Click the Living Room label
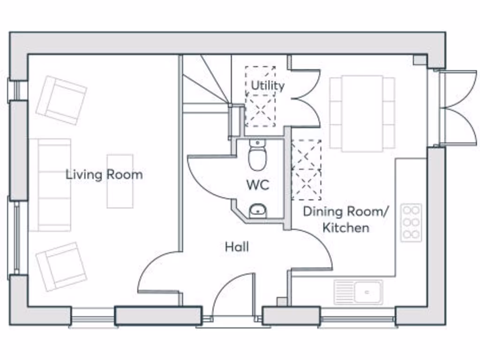[x=105, y=175]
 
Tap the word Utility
[x=268, y=85]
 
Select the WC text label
[x=258, y=185]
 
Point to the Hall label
[x=237, y=247]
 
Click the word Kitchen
[x=346, y=228]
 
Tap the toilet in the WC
[x=257, y=155]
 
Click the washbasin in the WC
[x=258, y=211]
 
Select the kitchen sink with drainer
[x=358, y=292]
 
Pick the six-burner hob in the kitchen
[x=411, y=223]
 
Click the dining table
[x=362, y=113]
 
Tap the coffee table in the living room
[x=120, y=181]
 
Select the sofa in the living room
[x=50, y=185]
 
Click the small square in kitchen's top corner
[x=420, y=60]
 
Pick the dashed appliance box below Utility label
[x=260, y=111]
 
